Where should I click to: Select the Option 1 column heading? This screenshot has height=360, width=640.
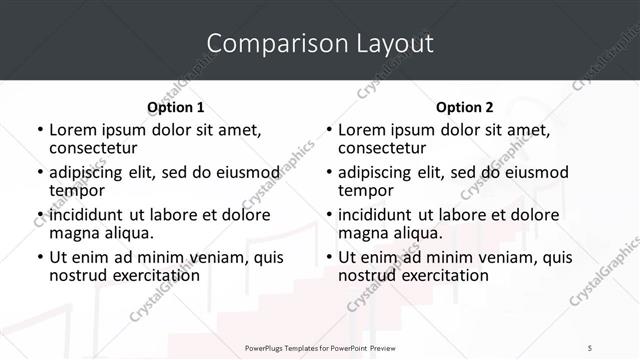pos(175,107)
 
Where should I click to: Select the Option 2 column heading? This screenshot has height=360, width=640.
pos(464,107)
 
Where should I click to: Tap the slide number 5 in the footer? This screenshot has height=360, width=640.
pos(590,347)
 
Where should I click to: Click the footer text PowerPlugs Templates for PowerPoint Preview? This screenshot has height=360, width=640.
pos(320,347)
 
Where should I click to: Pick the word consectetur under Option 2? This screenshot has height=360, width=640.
pos(382,148)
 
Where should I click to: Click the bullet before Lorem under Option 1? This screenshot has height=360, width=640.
pos(40,131)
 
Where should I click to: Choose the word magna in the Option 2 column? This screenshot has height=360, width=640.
pos(362,233)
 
